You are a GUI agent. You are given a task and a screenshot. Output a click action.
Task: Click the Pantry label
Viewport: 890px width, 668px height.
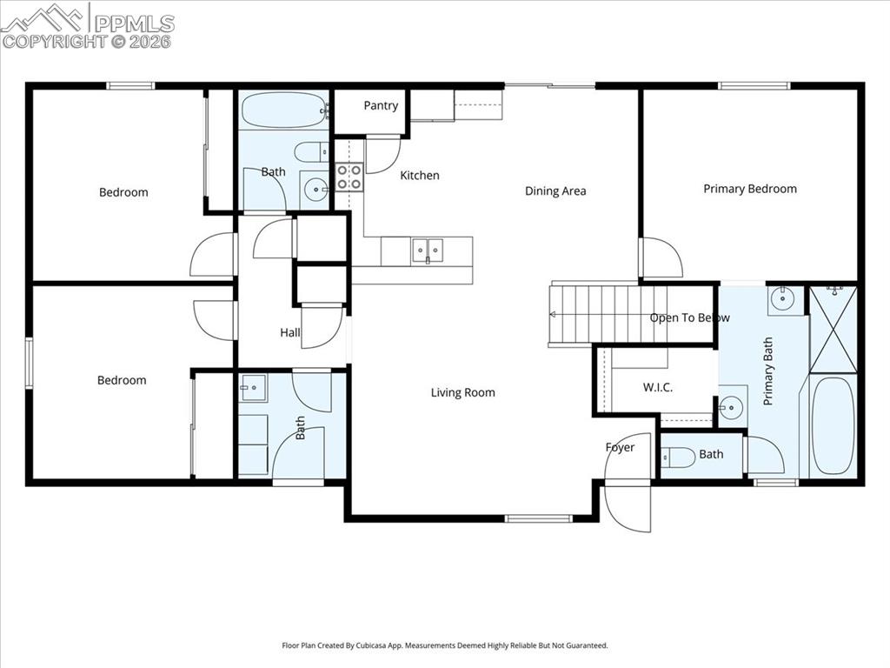(381, 106)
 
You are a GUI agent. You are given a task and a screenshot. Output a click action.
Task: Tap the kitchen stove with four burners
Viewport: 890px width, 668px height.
(349, 177)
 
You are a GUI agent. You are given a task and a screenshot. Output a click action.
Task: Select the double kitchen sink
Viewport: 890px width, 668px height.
(427, 250)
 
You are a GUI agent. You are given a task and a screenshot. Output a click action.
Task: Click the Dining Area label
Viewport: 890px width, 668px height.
(555, 191)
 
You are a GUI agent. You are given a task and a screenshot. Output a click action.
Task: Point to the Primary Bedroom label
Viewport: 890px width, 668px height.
(749, 189)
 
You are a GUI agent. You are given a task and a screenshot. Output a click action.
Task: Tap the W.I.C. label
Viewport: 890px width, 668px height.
(657, 387)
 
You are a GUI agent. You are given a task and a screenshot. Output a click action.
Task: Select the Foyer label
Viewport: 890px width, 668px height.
(620, 447)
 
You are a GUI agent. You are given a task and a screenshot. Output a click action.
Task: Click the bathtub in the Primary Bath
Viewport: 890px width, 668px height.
(833, 425)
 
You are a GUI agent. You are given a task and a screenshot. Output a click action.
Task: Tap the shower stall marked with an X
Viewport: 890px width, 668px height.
(833, 328)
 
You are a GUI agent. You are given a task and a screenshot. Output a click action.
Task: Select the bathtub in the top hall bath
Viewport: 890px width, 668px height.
(283, 110)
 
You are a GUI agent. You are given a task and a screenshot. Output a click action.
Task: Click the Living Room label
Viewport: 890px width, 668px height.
(462, 393)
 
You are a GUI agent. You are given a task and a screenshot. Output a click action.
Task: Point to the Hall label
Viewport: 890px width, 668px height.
(290, 332)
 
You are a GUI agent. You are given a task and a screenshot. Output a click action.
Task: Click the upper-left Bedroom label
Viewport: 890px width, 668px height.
(123, 192)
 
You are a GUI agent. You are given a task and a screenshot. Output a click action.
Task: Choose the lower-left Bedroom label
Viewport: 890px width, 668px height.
(122, 380)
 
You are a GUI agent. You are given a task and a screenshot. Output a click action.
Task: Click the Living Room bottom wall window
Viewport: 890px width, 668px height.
(538, 519)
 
